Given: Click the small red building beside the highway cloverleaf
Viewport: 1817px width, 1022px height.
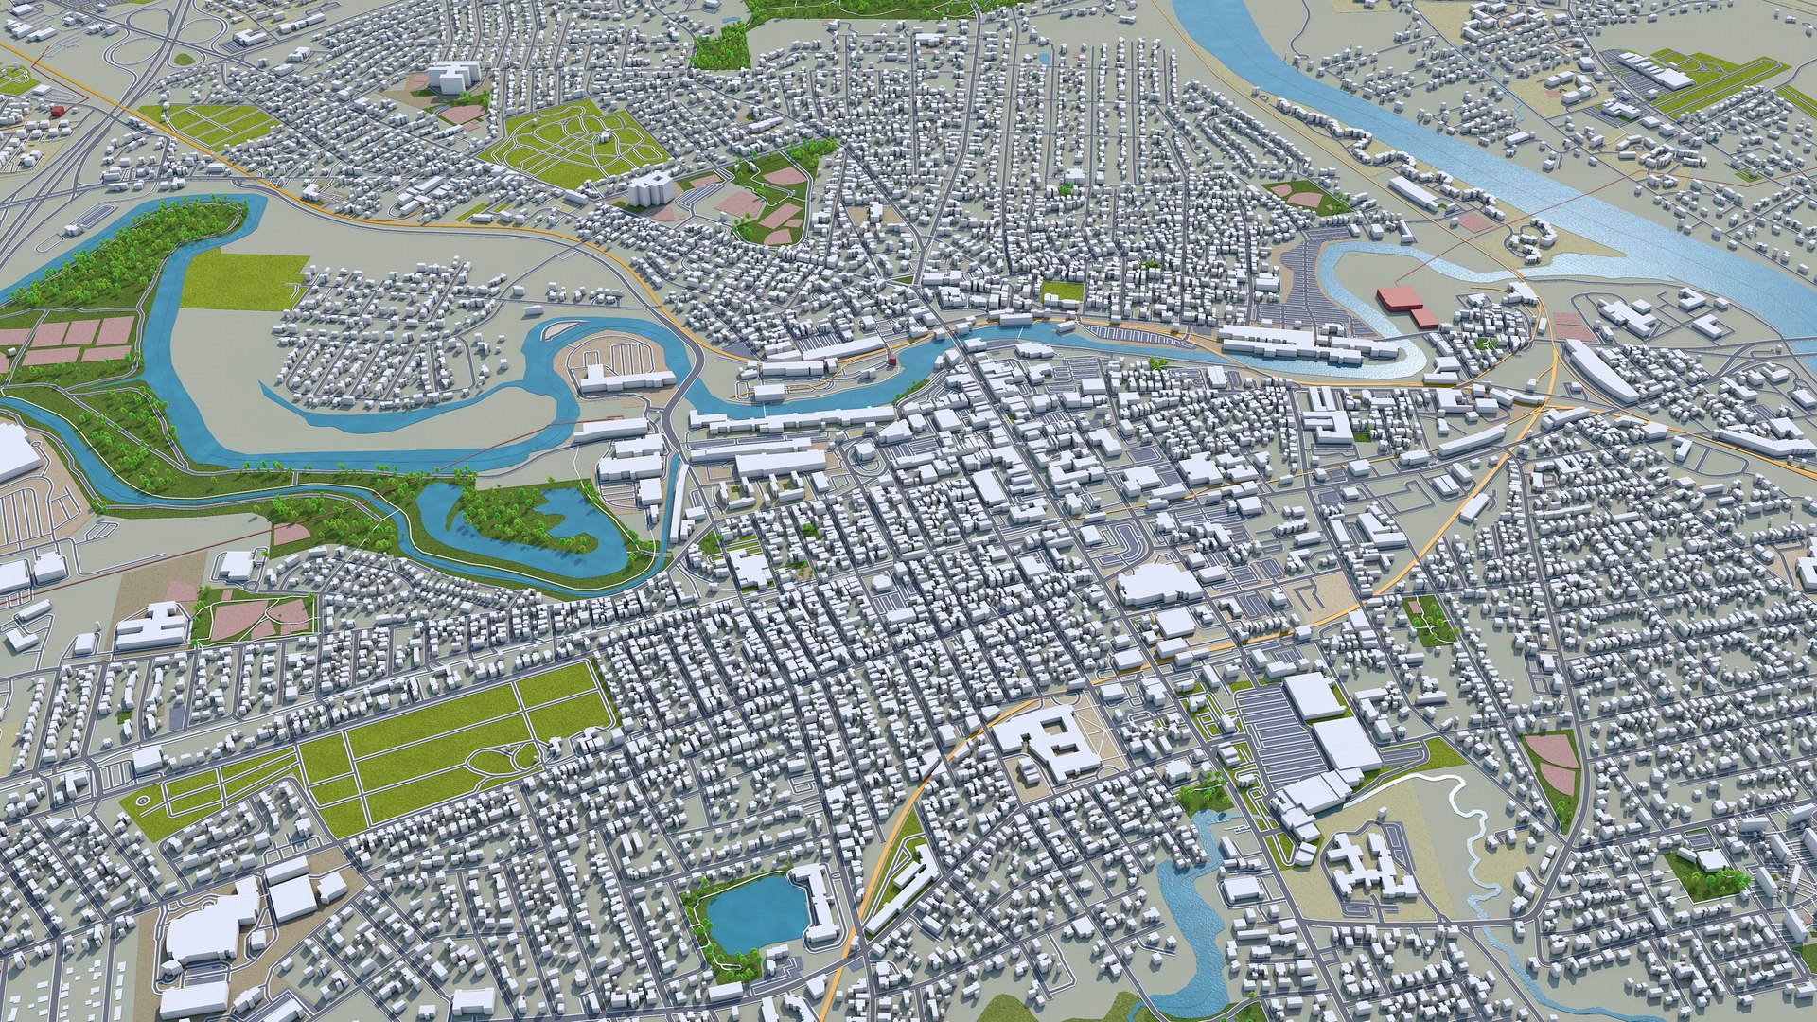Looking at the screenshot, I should point(58,111).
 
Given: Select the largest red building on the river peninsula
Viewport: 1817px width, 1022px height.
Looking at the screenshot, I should point(1399,299).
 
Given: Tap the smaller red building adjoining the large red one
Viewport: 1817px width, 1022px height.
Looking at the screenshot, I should point(1425,318).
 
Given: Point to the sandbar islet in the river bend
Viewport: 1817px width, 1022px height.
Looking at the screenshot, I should point(556,329).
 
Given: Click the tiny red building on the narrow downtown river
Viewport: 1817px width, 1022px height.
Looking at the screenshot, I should point(891,359).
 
